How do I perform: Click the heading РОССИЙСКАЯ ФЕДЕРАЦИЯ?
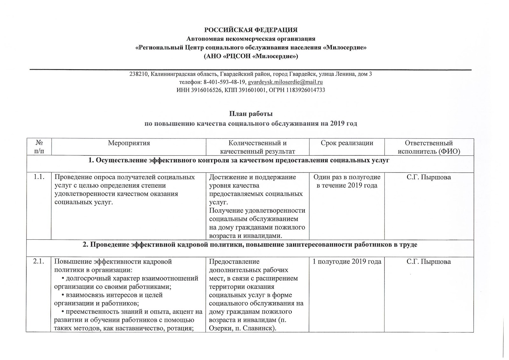point(251,30)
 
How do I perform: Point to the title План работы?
point(251,114)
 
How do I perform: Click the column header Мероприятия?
point(129,143)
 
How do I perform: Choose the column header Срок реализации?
point(347,143)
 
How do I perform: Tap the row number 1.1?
point(38,177)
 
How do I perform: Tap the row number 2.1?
point(38,262)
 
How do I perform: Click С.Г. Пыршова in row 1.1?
point(429,177)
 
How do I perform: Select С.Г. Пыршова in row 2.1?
point(429,262)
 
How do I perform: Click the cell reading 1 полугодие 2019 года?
point(347,262)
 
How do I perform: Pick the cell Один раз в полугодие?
point(347,177)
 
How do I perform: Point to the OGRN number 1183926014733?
point(305,90)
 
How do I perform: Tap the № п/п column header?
point(38,147)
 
